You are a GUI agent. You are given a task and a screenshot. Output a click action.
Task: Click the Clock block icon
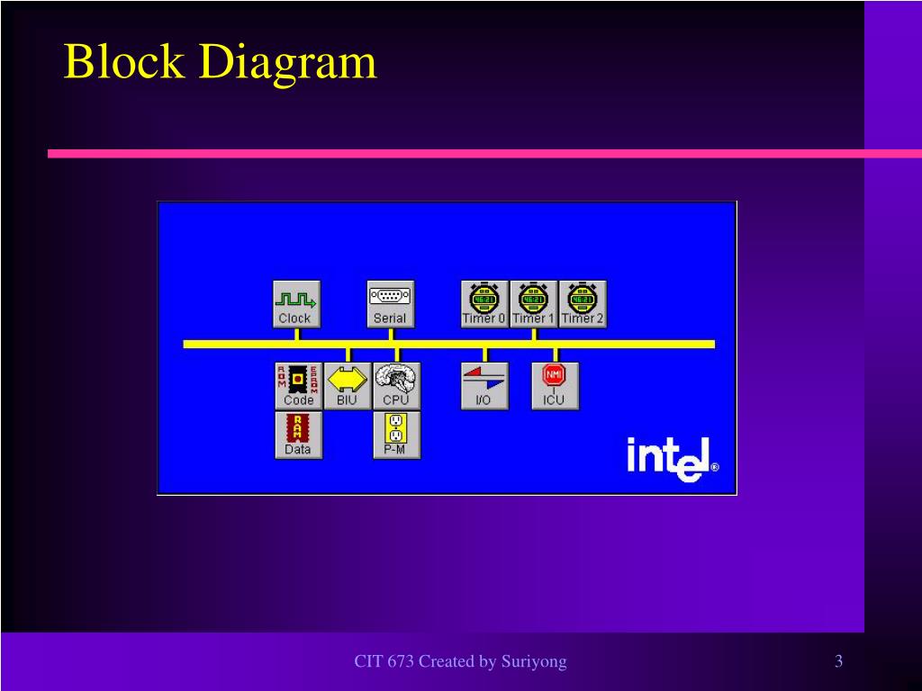pos(296,303)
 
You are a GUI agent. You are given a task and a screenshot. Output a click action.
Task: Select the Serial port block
pos(390,303)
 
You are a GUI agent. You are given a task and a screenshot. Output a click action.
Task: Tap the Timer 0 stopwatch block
pos(484,303)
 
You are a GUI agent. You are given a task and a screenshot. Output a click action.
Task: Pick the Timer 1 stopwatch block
pos(533,303)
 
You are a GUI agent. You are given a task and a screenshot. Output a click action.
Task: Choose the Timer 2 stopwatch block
pos(583,303)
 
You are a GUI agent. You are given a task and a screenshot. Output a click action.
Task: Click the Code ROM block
pos(298,386)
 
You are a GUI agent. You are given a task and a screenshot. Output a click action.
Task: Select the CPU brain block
pos(395,386)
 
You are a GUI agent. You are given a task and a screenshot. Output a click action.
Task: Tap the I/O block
pos(484,386)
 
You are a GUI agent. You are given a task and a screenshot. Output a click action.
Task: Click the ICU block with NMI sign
pos(554,386)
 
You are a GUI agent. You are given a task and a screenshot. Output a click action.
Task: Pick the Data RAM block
pos(298,435)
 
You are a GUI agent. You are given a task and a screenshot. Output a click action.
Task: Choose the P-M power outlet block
pos(395,435)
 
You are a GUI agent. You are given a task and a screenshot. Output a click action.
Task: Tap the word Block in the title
pos(123,63)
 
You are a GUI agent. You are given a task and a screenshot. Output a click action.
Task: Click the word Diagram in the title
pos(287,63)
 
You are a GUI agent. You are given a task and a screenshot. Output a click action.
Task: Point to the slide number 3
pos(838,662)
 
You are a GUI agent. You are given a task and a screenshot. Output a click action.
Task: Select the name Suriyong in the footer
pos(534,662)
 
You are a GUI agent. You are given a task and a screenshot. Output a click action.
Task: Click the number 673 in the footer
pos(401,662)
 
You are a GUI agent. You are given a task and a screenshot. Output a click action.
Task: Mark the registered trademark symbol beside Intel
pos(715,468)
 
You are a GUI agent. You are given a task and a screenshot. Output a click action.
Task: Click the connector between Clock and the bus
pos(296,334)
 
